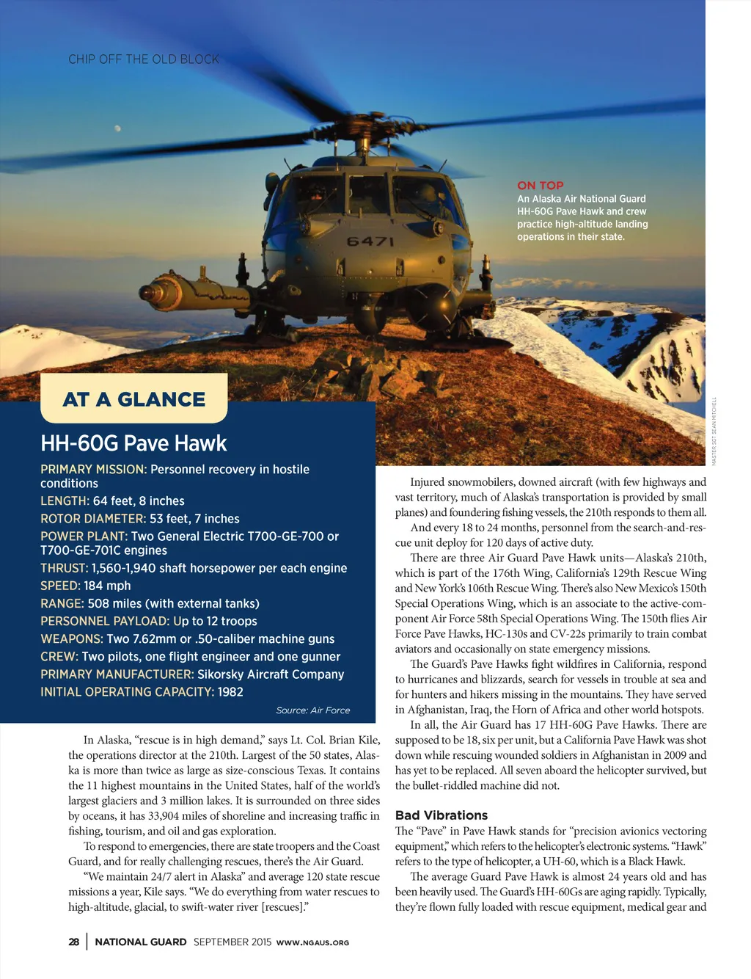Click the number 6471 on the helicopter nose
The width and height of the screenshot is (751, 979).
(370, 241)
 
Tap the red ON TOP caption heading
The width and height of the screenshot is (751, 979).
(541, 186)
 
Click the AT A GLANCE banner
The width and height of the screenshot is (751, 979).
(134, 399)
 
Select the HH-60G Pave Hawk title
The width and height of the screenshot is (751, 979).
(133, 443)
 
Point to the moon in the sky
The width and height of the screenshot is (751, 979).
(117, 129)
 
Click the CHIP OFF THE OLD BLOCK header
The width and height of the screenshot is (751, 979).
(144, 59)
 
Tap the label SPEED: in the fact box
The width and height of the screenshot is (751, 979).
(60, 586)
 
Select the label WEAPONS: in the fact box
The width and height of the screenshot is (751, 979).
(72, 639)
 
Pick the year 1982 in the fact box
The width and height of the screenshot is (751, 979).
(230, 692)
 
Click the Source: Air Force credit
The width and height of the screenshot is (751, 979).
(313, 710)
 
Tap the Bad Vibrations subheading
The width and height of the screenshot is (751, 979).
(442, 815)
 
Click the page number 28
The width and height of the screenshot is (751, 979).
(74, 942)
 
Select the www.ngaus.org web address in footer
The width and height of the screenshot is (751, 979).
(312, 942)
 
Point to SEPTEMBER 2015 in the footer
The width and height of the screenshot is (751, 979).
(232, 942)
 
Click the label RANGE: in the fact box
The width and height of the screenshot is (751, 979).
(62, 603)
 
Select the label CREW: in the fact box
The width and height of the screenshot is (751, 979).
(59, 657)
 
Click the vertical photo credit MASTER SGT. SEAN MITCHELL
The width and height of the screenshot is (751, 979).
(714, 430)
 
